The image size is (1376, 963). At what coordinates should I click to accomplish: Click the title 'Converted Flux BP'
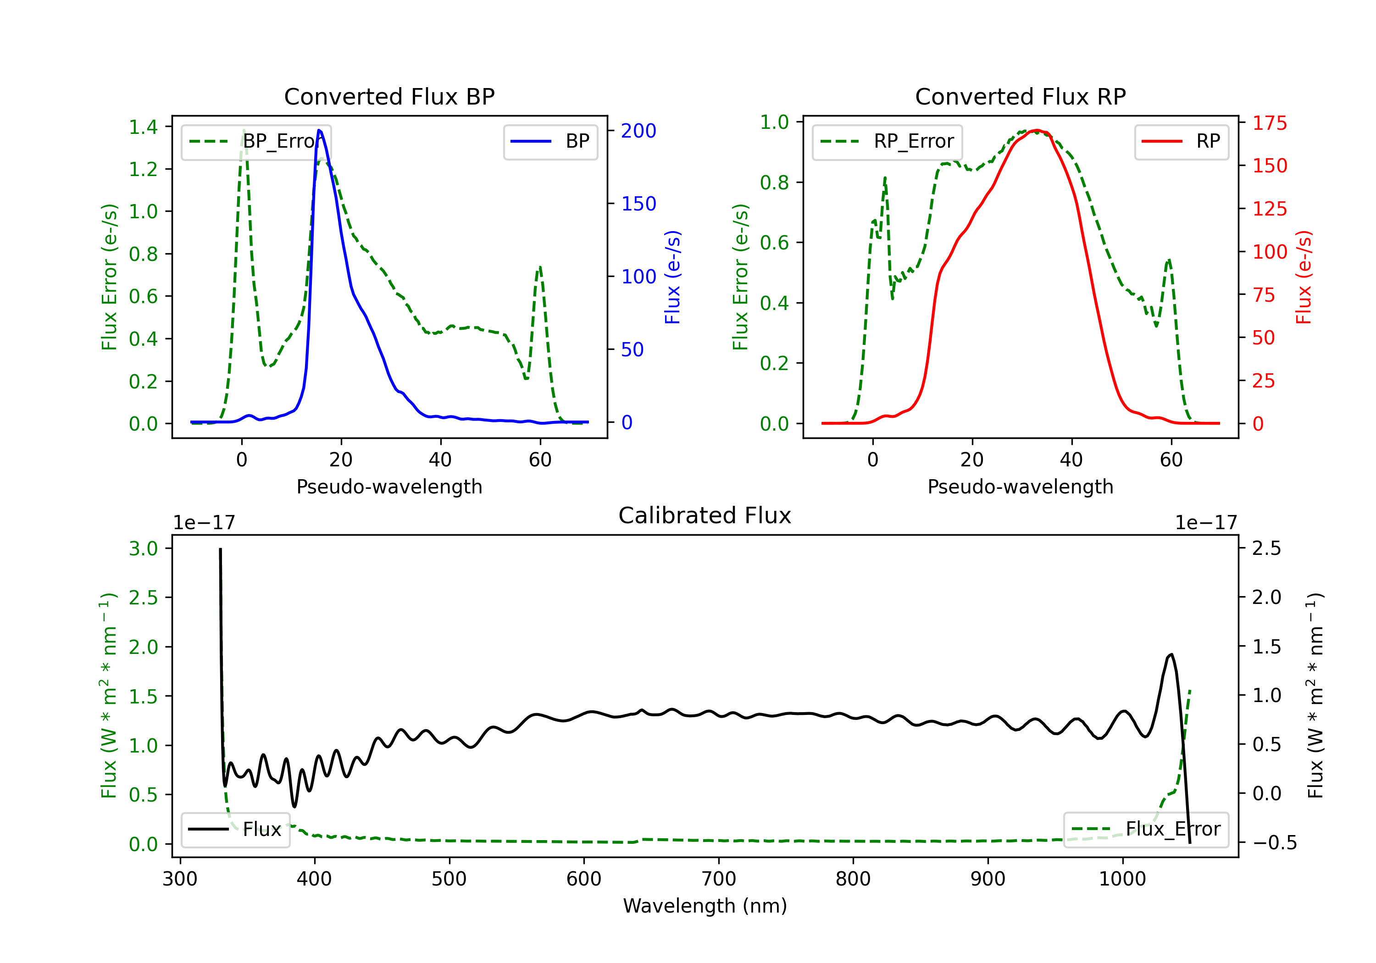pyautogui.click(x=389, y=96)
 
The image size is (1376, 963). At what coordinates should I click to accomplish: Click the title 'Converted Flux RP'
pyautogui.click(x=1020, y=96)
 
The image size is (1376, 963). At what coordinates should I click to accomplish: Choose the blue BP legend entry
pyautogui.click(x=550, y=141)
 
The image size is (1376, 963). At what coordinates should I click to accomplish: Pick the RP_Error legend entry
pyautogui.click(x=887, y=141)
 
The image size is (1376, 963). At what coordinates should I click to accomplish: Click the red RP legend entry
pyautogui.click(x=1181, y=141)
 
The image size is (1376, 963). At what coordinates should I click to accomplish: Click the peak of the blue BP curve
pyautogui.click(x=319, y=130)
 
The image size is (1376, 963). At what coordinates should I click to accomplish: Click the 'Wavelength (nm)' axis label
pyautogui.click(x=705, y=906)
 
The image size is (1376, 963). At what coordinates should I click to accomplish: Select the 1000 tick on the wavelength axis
pyautogui.click(x=1122, y=879)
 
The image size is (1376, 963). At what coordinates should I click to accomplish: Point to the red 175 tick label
pyautogui.click(x=1269, y=123)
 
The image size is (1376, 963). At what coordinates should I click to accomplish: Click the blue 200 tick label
pyautogui.click(x=638, y=131)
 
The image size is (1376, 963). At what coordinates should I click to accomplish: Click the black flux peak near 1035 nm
pyautogui.click(x=1171, y=654)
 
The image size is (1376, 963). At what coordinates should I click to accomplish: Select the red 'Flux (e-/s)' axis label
pyautogui.click(x=1304, y=277)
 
